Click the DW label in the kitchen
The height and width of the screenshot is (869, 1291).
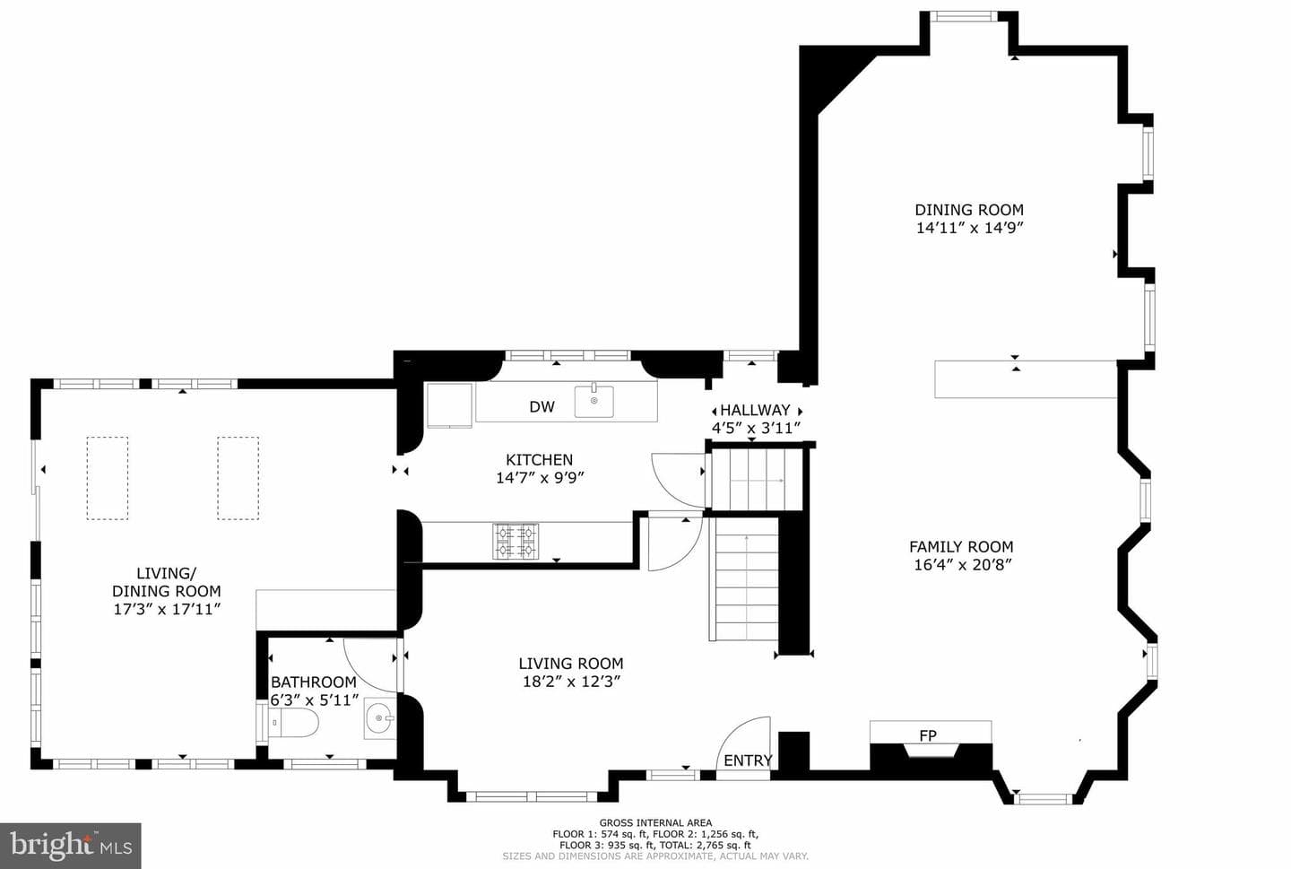coord(542,407)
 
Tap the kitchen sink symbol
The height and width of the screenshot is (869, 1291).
coord(594,401)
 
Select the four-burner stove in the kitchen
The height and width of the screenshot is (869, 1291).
coord(516,542)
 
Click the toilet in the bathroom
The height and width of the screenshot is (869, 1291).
coord(293,723)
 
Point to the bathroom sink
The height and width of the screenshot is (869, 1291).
coord(380,718)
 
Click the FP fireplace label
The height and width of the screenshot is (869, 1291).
coord(928,735)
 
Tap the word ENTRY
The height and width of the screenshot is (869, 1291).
coord(748,760)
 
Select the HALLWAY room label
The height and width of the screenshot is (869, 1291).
coord(755,411)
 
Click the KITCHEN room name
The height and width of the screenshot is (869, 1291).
coord(540,459)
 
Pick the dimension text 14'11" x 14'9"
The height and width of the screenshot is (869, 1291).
coord(969,228)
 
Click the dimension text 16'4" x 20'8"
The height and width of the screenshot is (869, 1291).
coord(963,564)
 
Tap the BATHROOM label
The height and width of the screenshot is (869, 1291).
coord(314,682)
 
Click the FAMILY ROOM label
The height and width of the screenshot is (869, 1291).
coord(961,547)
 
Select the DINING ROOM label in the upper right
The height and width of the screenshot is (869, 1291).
coord(969,210)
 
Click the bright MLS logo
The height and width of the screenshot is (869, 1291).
coord(70,846)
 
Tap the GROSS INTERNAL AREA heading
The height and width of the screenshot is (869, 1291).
coord(655,823)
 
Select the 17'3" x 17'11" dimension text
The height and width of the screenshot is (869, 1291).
coord(167,610)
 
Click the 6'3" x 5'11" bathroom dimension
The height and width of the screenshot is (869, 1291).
coord(315,700)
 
